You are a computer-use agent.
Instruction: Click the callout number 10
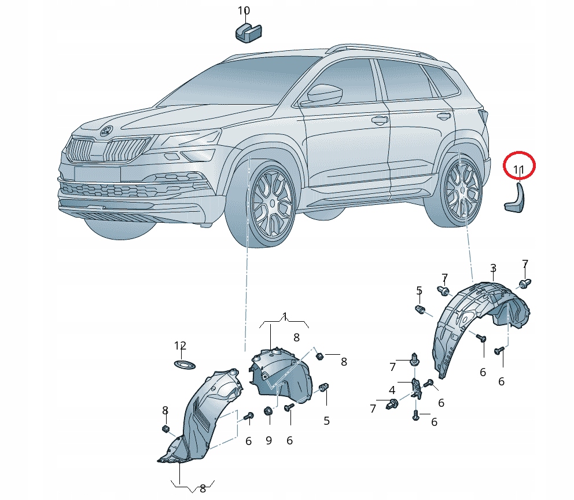point(244,11)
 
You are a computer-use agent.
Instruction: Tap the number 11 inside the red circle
point(518,170)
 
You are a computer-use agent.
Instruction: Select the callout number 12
point(180,345)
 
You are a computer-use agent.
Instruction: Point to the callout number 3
point(493,269)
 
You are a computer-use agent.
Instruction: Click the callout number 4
point(392,390)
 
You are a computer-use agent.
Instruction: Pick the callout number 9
point(268,440)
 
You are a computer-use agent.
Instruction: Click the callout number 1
point(285,317)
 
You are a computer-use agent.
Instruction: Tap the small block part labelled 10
point(248,32)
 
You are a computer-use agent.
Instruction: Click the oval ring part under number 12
point(184,365)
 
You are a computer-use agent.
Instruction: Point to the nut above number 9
point(268,411)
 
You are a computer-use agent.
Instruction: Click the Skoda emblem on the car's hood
point(107,131)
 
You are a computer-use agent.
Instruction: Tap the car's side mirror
point(324,94)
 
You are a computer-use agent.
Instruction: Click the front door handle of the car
point(380,119)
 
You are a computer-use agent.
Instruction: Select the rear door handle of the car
point(444,116)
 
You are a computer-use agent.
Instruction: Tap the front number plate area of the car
point(97,173)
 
